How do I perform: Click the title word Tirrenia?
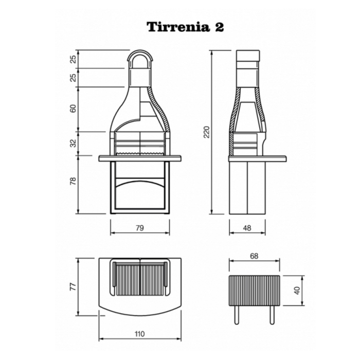(x=178, y=27)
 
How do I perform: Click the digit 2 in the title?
(x=219, y=27)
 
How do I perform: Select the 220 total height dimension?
(x=207, y=132)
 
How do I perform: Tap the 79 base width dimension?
(x=140, y=228)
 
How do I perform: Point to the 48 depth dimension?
(x=247, y=228)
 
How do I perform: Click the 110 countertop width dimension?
(x=140, y=334)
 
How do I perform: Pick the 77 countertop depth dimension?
(x=73, y=287)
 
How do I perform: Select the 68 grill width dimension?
(x=254, y=256)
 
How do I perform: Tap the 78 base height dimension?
(x=73, y=181)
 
